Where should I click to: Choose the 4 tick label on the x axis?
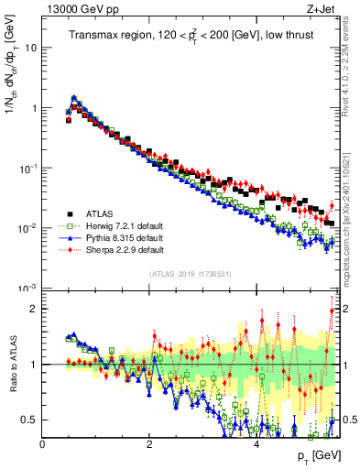tap(256, 444)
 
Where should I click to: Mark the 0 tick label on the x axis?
tap(43, 444)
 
